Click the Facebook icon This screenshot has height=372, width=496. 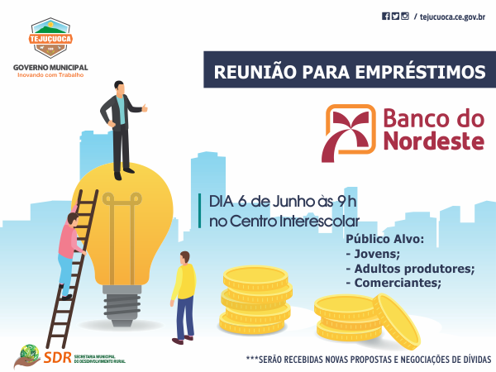coord(385,17)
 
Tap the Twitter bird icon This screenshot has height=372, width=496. coord(395,17)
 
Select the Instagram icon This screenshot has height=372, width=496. coord(405,17)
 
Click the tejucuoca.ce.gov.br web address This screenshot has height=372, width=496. coord(452,17)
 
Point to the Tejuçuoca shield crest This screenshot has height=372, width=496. coord(50,38)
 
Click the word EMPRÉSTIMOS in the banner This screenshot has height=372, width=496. coord(420,72)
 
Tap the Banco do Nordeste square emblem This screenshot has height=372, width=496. coord(349,133)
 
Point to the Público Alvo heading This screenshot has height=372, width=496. coord(384,239)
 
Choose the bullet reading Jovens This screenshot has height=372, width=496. coord(374,254)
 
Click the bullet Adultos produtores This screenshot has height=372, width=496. coord(411,269)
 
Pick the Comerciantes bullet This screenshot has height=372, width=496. coord(393,283)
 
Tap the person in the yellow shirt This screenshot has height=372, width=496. coord(184,298)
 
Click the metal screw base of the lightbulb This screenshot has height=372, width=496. coord(122,305)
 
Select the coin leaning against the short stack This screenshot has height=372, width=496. coord(397,322)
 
